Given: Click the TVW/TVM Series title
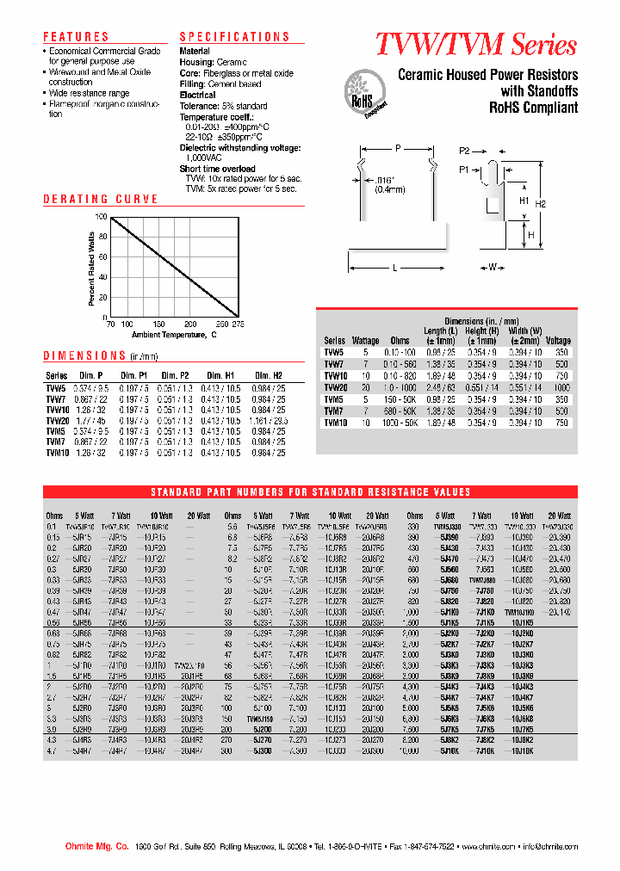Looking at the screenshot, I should [475, 45].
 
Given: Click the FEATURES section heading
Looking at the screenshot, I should [76, 37].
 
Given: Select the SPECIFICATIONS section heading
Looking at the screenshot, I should [234, 37].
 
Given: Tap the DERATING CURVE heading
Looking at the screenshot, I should [101, 199].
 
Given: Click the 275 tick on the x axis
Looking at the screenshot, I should [239, 324].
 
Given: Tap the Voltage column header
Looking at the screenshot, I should [558, 341].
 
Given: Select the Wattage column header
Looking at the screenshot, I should [365, 341].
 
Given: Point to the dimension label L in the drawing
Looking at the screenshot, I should [394, 269].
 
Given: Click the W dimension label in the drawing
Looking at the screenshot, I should [493, 268].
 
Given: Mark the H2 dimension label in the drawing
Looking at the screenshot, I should [541, 204].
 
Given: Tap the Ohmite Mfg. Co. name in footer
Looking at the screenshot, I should [96, 847].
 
